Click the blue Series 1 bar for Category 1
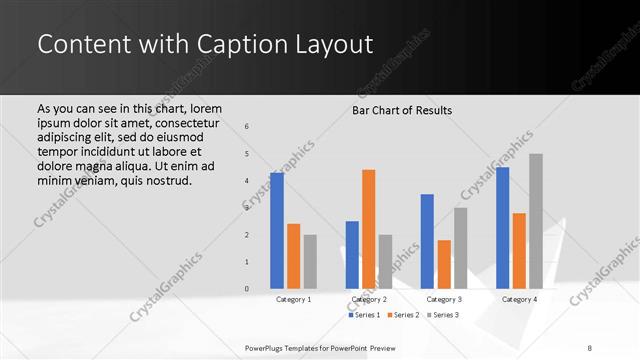pos(277,231)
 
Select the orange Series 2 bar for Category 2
pos(368,229)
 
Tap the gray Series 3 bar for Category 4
pos(536,221)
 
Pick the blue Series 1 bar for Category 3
pos(427,241)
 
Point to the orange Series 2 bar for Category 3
pos(444,264)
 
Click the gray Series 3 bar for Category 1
pos(310,262)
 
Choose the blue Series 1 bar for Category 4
pos(502,228)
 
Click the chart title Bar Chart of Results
pos(402,110)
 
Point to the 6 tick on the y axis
pos(248,126)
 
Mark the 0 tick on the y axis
pos(248,289)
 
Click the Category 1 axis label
pos(294,299)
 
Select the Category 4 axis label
pos(519,299)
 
